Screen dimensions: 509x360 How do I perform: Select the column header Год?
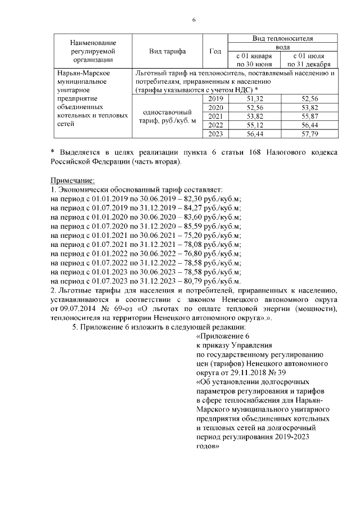[215, 51]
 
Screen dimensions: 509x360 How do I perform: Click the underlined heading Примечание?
[73, 181]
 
